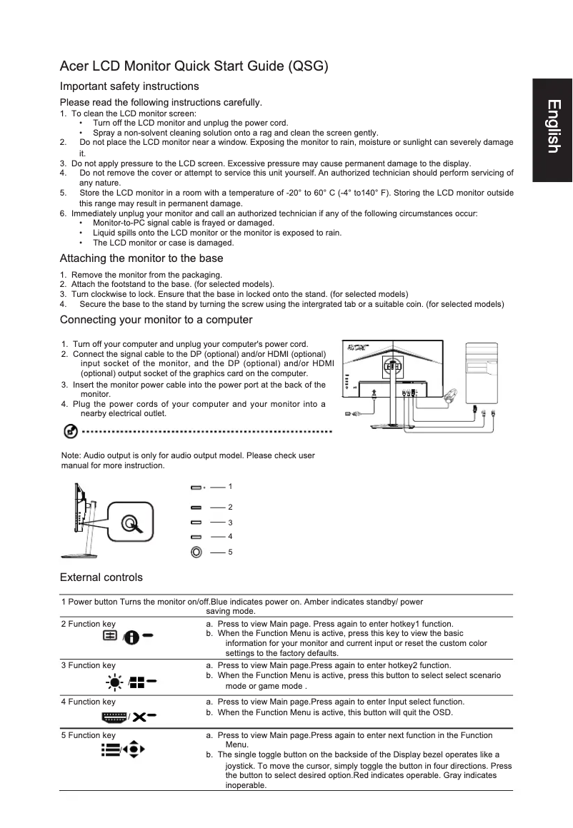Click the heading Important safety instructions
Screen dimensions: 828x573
pos(129,86)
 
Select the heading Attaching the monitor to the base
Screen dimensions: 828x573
pos(141,258)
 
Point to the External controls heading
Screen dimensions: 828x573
pos(101,577)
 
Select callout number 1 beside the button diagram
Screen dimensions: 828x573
pos(229,486)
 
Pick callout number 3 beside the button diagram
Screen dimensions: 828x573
pos(229,522)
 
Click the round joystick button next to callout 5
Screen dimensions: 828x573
pos(196,552)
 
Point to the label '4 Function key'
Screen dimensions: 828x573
pos(88,702)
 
